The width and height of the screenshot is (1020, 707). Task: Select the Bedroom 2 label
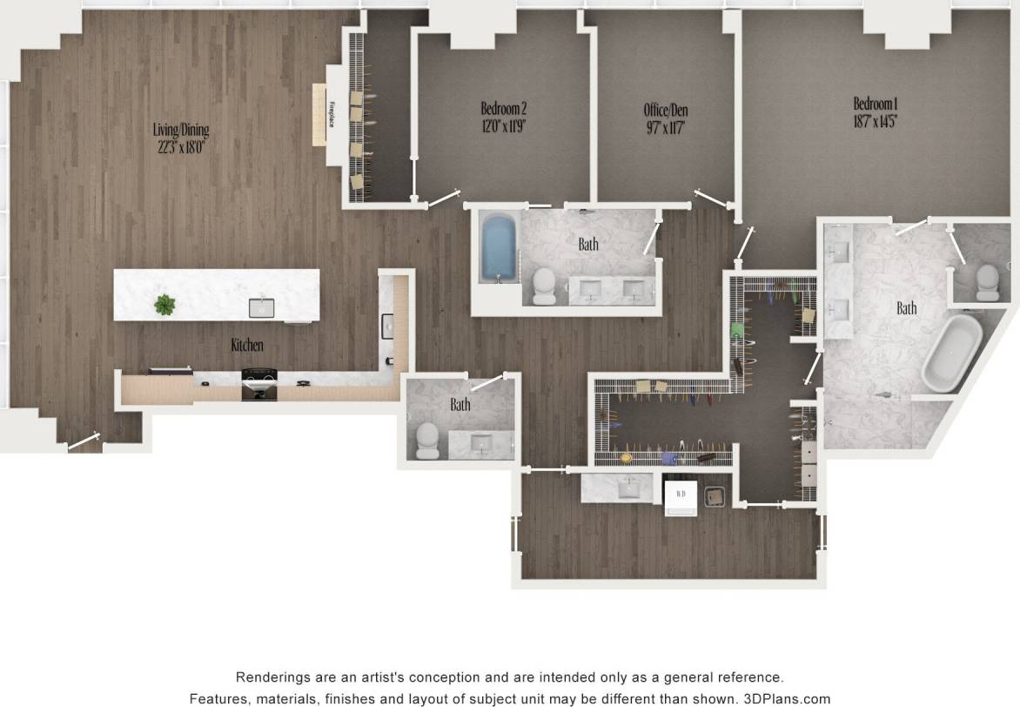tap(504, 109)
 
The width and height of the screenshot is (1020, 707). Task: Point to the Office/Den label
tap(666, 110)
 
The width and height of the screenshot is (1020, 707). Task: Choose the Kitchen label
tap(247, 346)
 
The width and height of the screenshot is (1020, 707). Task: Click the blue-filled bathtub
tap(499, 248)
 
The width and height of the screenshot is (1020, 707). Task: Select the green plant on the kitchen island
tap(164, 304)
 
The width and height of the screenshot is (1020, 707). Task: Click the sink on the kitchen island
tap(261, 306)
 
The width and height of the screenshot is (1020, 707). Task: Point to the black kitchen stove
tap(259, 383)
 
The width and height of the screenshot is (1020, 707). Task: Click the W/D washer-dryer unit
tap(681, 497)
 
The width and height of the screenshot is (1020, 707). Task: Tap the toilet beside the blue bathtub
tap(544, 284)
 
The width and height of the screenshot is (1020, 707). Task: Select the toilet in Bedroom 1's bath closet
tap(988, 281)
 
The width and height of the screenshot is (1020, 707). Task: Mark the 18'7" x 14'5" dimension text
tap(876, 122)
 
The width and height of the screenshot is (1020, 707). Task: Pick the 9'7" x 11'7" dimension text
tap(666, 127)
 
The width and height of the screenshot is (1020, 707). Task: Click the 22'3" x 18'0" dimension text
tap(181, 147)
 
